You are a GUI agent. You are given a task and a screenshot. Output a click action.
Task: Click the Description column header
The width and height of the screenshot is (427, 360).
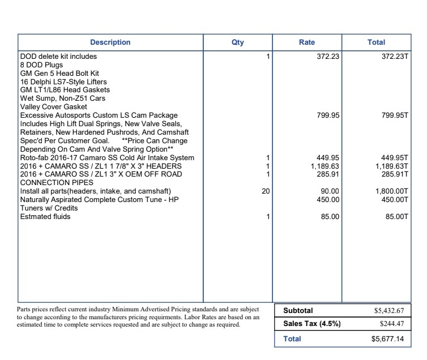[x=110, y=42]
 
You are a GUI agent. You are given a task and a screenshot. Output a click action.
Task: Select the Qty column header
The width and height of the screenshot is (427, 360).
[x=238, y=42]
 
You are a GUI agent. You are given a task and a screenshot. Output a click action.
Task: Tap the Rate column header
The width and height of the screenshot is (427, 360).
[x=307, y=42]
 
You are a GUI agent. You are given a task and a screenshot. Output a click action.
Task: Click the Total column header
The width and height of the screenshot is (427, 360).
[x=376, y=42]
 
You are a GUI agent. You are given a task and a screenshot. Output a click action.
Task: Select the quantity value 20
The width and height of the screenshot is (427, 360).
[x=266, y=191]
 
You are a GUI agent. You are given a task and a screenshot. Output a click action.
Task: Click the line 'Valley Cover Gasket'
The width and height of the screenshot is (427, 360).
[x=54, y=107]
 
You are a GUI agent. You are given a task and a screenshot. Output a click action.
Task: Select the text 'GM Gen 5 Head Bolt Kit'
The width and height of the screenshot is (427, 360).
[x=59, y=74]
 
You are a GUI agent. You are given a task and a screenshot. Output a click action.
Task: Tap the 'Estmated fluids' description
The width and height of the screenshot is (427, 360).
[x=45, y=217]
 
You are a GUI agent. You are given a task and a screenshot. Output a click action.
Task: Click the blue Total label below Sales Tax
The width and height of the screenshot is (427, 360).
[x=292, y=339]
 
